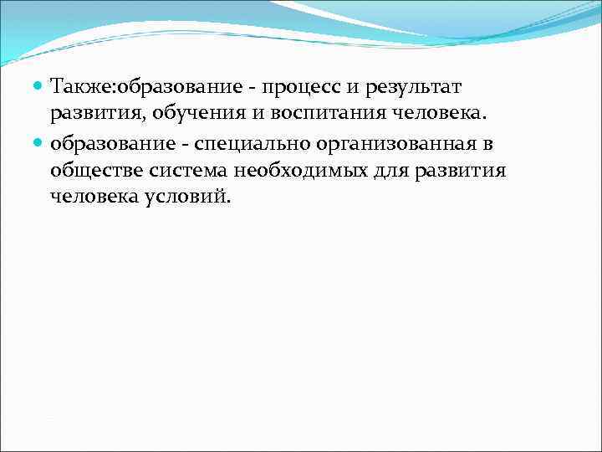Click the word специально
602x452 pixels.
247,144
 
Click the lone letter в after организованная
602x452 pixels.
488,144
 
